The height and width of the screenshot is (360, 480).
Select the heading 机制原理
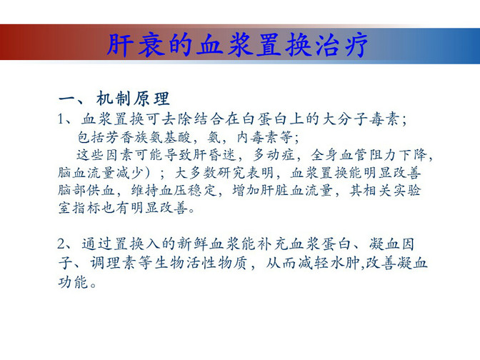click(133, 99)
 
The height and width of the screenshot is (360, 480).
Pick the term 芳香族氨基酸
click(149, 137)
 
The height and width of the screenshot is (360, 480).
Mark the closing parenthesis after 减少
click(148, 173)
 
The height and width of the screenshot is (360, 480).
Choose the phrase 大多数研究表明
click(224, 173)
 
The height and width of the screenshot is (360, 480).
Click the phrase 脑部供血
click(86, 191)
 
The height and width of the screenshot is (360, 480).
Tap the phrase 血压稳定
click(189, 191)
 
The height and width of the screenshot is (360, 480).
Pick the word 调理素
click(113, 263)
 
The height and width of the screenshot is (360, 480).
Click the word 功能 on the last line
click(73, 281)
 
